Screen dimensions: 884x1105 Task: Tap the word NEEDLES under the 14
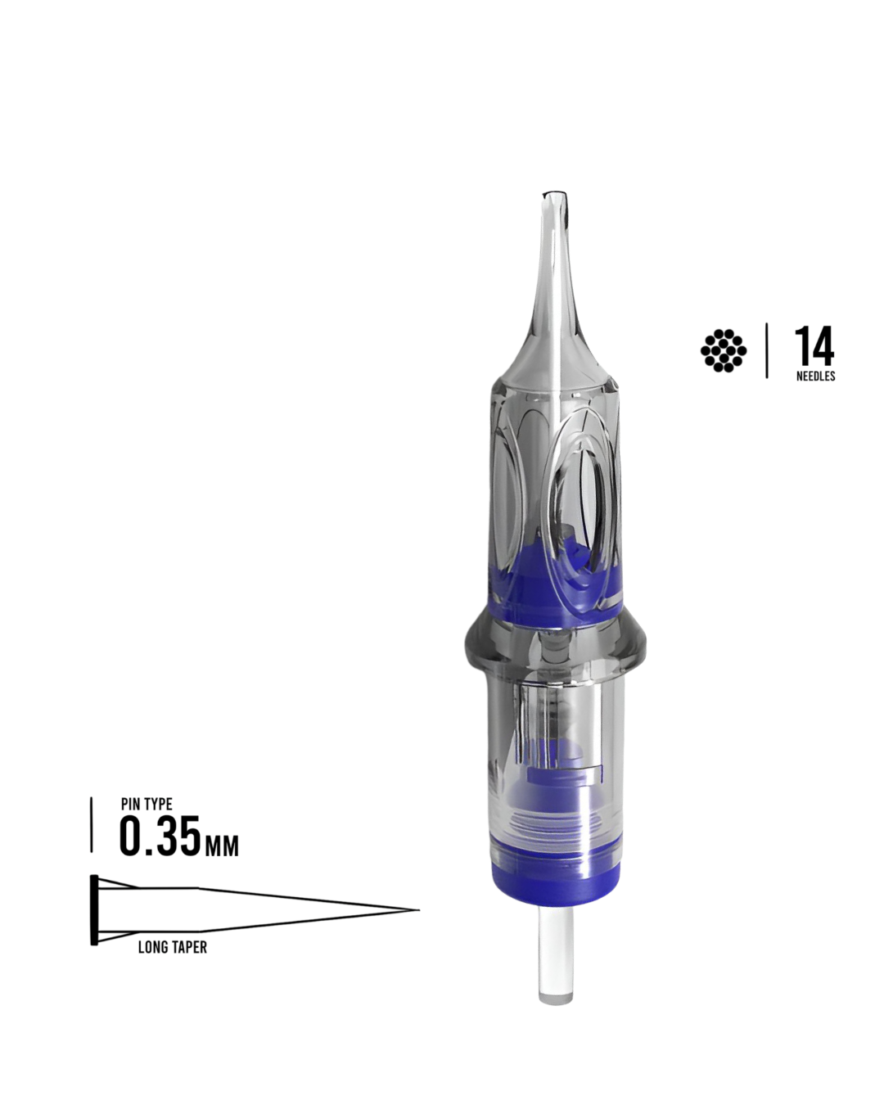click(x=816, y=376)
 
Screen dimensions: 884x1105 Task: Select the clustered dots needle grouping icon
click(x=724, y=350)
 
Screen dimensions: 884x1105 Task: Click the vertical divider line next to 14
click(x=767, y=350)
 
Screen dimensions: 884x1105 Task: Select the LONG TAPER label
click(x=173, y=947)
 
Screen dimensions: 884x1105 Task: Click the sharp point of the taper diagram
click(x=418, y=910)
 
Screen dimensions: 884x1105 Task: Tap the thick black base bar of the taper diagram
click(x=94, y=909)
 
